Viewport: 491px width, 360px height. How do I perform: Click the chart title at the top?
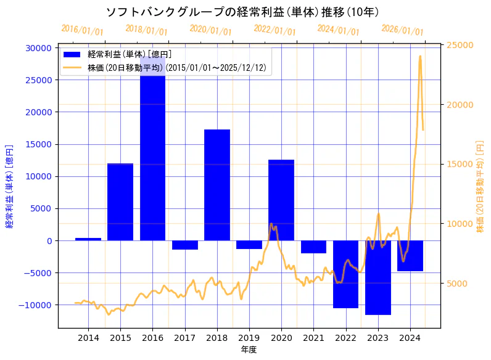pyautogui.click(x=242, y=12)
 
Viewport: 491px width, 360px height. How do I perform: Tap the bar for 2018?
pyautogui.click(x=217, y=185)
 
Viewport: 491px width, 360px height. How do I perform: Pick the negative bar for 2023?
pyautogui.click(x=378, y=277)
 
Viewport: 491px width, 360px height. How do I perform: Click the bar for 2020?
pyautogui.click(x=281, y=200)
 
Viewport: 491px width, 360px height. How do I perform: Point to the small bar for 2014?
pyautogui.click(x=88, y=239)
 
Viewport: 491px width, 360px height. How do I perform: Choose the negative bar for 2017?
pyautogui.click(x=184, y=245)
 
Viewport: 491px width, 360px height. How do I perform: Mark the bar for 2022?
pyautogui.click(x=345, y=274)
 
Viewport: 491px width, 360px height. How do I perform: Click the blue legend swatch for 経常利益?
pyautogui.click(x=72, y=54)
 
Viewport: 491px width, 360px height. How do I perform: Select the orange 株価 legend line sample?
pyautogui.click(x=72, y=67)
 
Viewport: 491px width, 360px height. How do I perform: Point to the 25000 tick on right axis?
pyautogui.click(x=460, y=45)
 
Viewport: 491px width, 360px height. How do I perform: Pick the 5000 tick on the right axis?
pyautogui.click(x=457, y=284)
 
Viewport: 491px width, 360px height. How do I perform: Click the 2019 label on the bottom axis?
pyautogui.click(x=249, y=338)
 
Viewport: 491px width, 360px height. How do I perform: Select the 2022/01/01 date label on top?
pyautogui.click(x=274, y=30)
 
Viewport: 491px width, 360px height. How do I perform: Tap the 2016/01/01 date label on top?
pyautogui.click(x=82, y=30)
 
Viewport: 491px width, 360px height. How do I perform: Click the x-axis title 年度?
pyautogui.click(x=249, y=350)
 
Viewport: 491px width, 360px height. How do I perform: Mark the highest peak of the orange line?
pyautogui.click(x=420, y=56)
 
